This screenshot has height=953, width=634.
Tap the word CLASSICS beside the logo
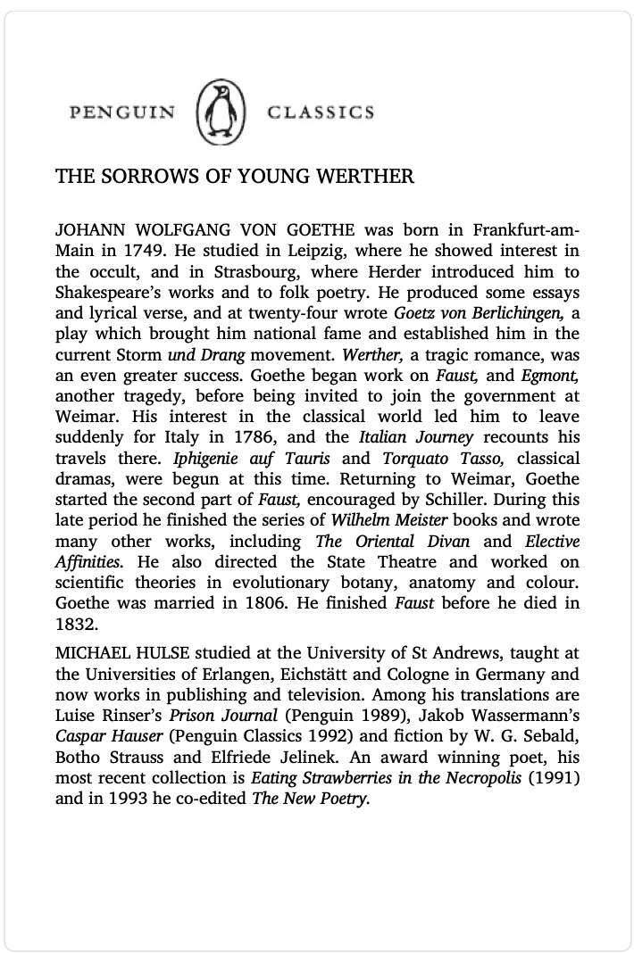coord(321,112)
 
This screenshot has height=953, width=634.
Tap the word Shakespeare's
coord(110,292)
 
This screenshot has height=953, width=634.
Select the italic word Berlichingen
coord(520,313)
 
